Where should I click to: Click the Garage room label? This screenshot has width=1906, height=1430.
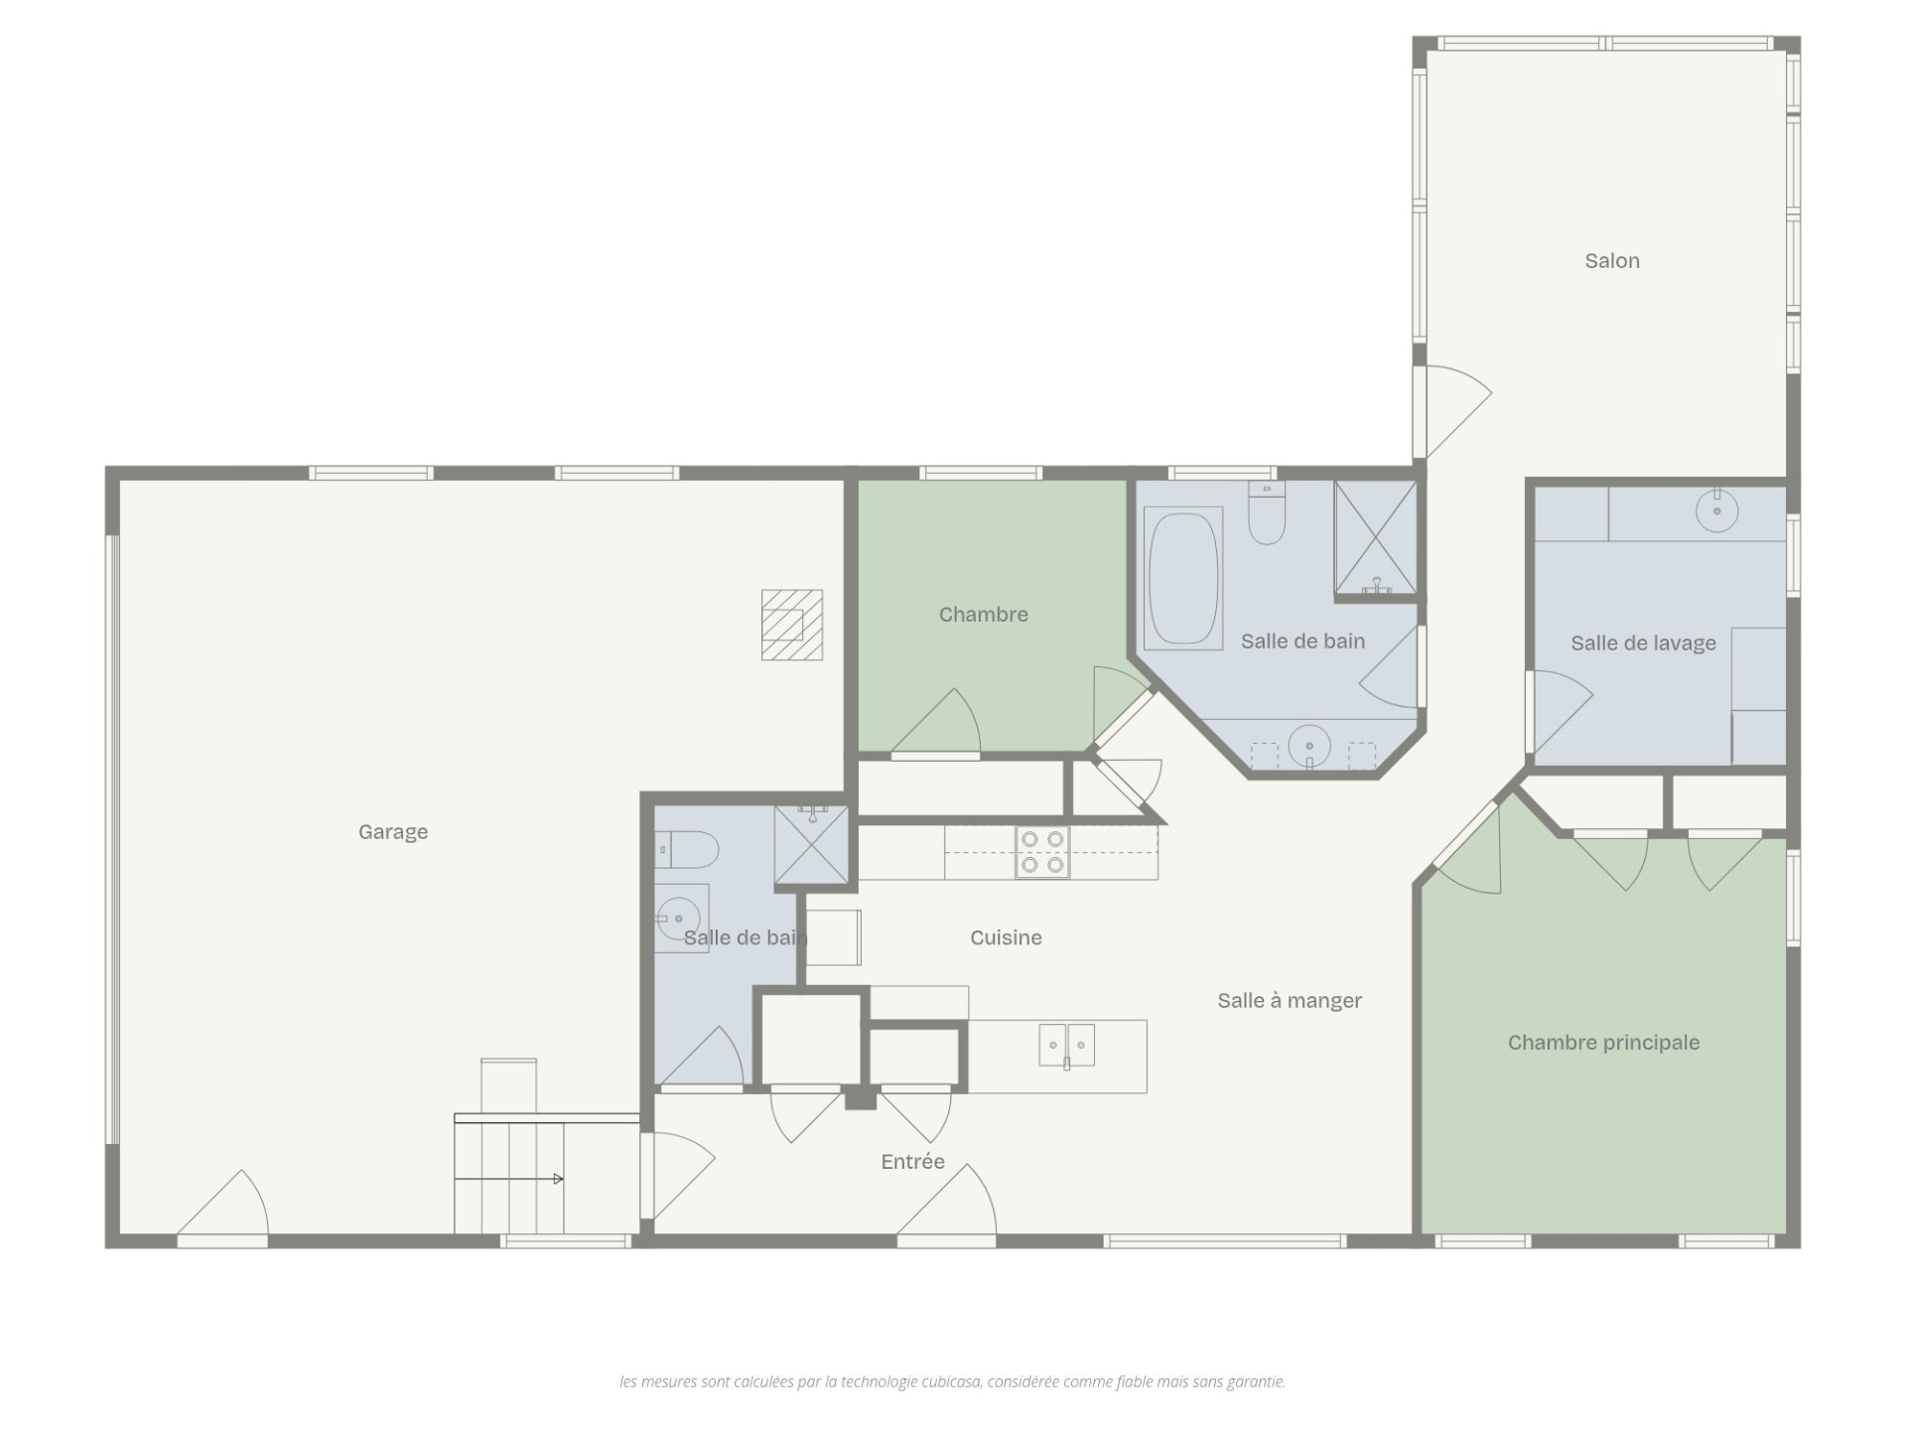click(x=393, y=832)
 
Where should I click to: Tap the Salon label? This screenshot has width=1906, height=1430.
click(x=1612, y=261)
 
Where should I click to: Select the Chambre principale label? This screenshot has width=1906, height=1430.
click(x=1603, y=1043)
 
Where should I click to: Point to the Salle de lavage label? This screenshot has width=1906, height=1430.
click(x=1643, y=643)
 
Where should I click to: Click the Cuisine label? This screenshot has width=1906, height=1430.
click(x=1006, y=937)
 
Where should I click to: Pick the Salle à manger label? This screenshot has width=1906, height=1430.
click(x=1290, y=1001)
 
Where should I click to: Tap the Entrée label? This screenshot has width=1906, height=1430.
click(x=912, y=1162)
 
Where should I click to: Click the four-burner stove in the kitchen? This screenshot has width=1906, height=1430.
click(x=1042, y=852)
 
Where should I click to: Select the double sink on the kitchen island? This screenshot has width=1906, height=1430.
click(x=1067, y=1046)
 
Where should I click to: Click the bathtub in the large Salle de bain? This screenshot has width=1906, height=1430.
click(x=1183, y=578)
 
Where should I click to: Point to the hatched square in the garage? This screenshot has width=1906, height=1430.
click(x=792, y=625)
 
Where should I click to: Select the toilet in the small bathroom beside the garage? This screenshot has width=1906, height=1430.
click(x=687, y=849)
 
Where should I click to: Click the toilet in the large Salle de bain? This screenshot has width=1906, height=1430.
click(x=1267, y=513)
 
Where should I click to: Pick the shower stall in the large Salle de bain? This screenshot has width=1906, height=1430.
click(x=1375, y=540)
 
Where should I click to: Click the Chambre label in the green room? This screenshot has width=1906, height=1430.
click(x=983, y=615)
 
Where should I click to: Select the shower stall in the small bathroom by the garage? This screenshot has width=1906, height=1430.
click(x=812, y=844)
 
